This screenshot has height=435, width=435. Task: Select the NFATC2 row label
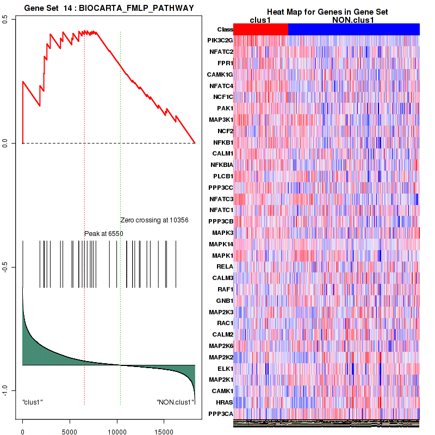click(x=221, y=52)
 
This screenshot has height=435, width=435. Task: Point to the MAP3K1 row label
click(x=221, y=120)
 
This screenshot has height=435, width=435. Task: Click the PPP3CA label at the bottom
click(x=221, y=414)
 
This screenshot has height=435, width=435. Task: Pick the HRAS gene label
click(x=224, y=402)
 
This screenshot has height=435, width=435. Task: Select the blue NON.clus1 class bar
click(x=353, y=29)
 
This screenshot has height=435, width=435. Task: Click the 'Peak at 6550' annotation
click(x=104, y=234)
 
